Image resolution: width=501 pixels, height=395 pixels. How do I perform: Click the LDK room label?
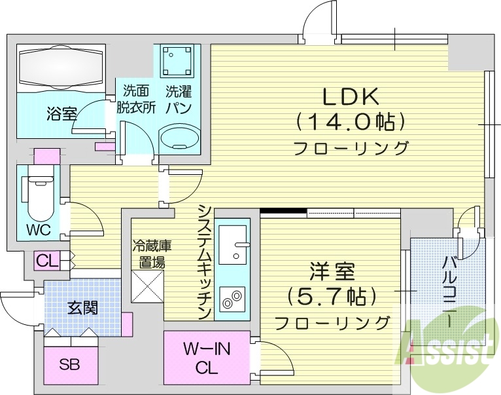tap(350, 97)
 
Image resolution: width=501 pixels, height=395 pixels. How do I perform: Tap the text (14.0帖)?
tap(350, 121)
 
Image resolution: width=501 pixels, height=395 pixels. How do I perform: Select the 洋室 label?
tap(332, 271)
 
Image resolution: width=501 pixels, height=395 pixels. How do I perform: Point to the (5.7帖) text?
tap(332, 296)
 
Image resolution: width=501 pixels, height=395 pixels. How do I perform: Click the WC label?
tap(39, 231)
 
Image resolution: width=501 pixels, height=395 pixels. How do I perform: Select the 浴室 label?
tap(61, 114)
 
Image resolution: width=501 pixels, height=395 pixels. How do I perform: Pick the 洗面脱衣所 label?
tap(136, 100)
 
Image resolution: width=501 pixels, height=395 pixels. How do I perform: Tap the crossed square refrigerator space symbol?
tap(147, 286)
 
